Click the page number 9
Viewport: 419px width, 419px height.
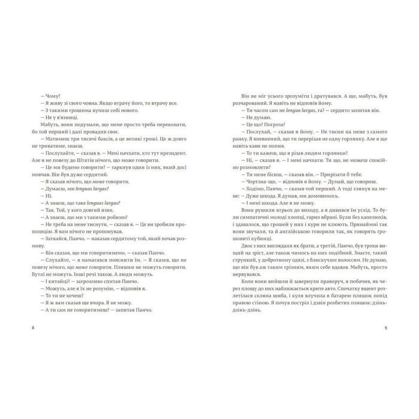coord(386,328)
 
